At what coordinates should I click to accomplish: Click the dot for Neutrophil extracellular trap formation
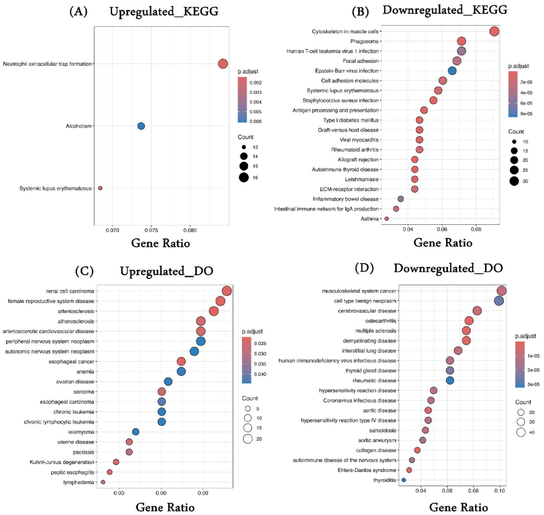(223, 64)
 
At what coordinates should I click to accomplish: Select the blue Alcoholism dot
(141, 126)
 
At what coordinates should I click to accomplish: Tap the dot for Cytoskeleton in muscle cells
(494, 31)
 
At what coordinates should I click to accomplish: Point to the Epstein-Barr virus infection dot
(452, 70)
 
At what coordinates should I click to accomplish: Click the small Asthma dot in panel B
(387, 218)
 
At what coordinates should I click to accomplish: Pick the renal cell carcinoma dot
(227, 291)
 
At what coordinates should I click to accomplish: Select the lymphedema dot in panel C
(103, 482)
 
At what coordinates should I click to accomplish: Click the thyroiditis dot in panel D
(403, 480)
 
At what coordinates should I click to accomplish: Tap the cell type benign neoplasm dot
(499, 301)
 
